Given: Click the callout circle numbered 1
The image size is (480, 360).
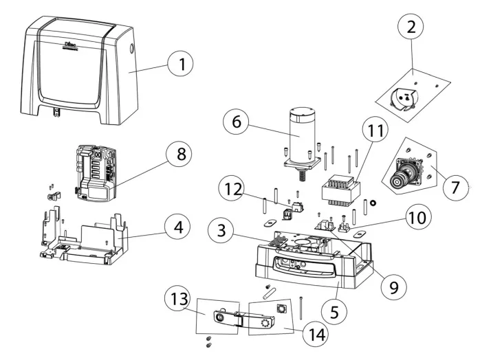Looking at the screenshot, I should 182,67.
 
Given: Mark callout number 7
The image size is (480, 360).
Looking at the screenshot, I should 453,188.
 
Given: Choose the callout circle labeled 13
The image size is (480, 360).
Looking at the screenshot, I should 178,300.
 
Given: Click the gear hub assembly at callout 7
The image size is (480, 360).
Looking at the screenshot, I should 402,174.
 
